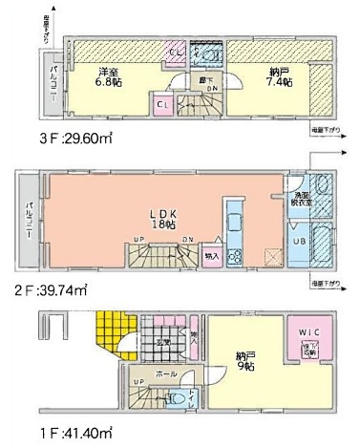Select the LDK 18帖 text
tap(163, 219)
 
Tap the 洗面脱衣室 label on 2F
tap(302, 199)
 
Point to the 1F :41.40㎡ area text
tap(42, 432)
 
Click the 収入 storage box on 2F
tap(212, 256)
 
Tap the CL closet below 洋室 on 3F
tap(162, 102)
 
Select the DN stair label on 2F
tap(188, 239)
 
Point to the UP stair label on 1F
tap(138, 383)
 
